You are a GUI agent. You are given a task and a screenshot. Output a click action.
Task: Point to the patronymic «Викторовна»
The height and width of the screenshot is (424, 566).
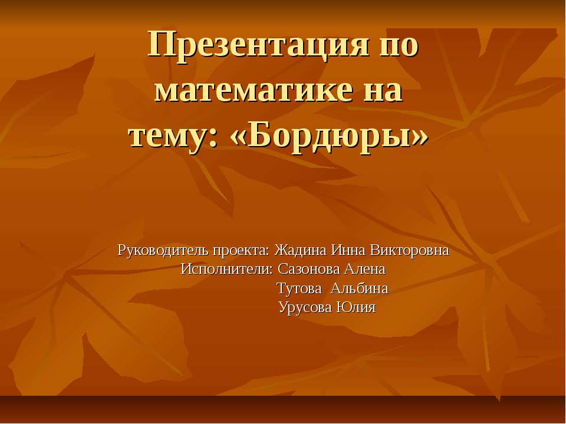[410, 250]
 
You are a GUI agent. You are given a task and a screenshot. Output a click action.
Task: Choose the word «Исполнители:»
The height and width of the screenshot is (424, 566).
[227, 270]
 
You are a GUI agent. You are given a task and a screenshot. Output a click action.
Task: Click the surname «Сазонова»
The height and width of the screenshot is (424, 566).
[307, 270]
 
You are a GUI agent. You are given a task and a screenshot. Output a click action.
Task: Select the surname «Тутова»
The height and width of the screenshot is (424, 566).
[300, 289]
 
